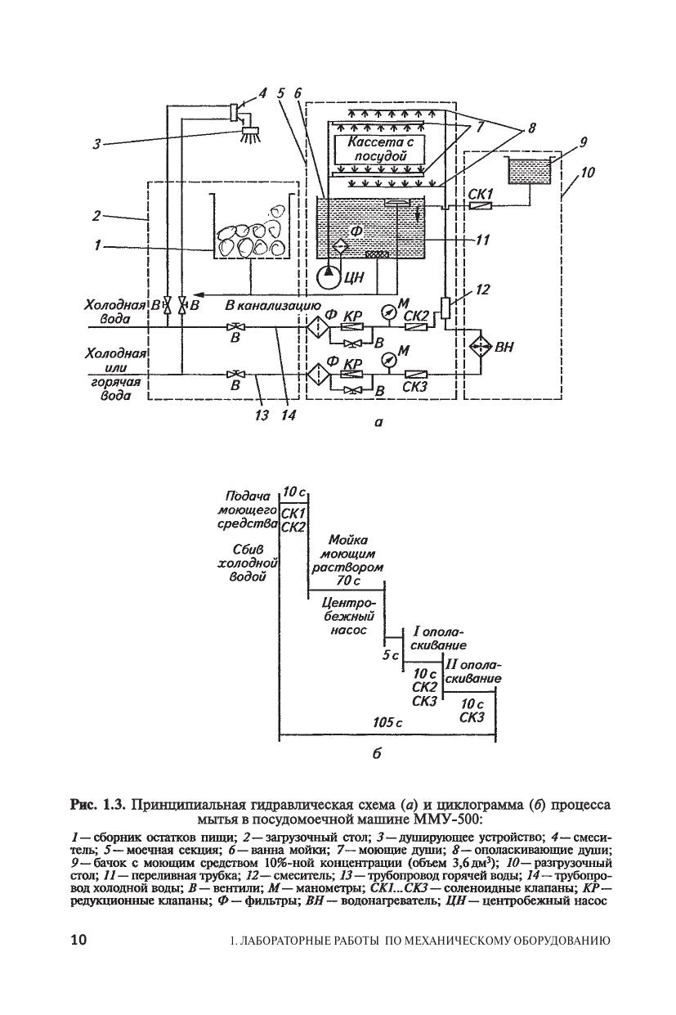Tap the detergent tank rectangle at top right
(529, 170)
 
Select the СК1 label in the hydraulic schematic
(481, 194)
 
